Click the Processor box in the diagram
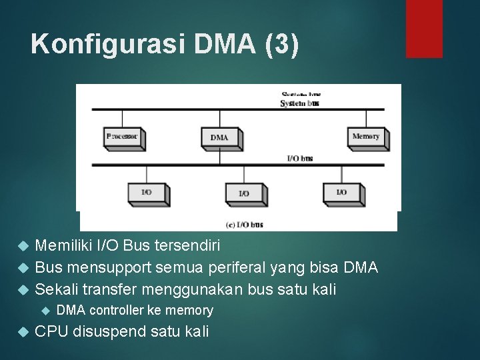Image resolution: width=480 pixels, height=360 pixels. pos(123,137)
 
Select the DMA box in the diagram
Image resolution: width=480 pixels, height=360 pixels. pos(220,137)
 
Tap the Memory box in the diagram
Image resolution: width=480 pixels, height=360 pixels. pos(366,137)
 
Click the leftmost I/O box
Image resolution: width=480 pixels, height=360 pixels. pos(146,193)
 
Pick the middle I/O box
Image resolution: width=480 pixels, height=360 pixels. pos(244,193)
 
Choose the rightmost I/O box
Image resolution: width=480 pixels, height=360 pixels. pos(341,193)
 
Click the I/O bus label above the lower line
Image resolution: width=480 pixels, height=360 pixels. pos(299,159)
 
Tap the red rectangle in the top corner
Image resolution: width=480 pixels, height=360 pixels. pos(424,28)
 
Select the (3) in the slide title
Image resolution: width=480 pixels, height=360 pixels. pos(282,44)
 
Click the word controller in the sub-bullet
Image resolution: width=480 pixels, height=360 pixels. pos(117,310)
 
